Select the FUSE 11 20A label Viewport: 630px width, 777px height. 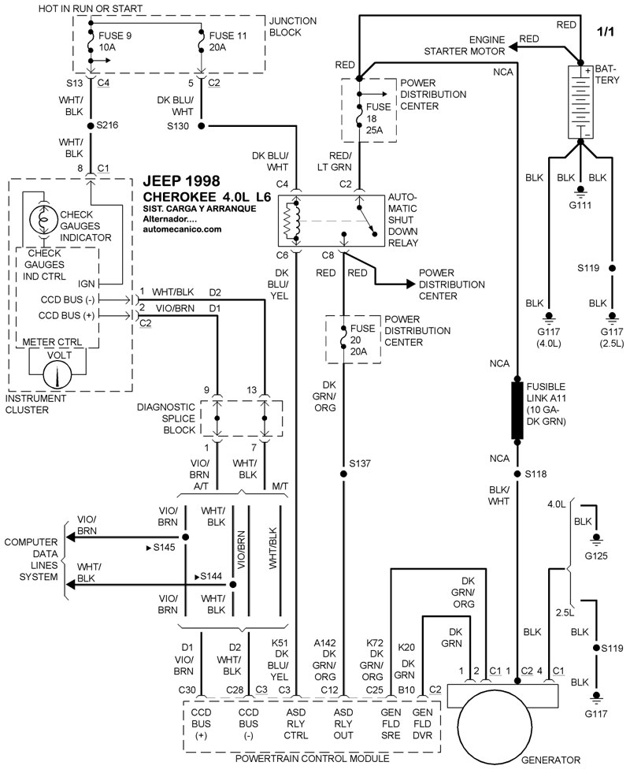click(225, 42)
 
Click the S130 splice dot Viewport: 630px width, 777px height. click(202, 125)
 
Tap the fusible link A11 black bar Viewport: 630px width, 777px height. click(517, 411)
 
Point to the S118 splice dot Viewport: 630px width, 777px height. click(517, 474)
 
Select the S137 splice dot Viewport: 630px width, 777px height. click(343, 474)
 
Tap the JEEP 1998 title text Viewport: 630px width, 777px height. click(182, 181)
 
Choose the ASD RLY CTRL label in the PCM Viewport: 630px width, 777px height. click(296, 723)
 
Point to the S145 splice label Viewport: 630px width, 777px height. click(164, 546)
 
